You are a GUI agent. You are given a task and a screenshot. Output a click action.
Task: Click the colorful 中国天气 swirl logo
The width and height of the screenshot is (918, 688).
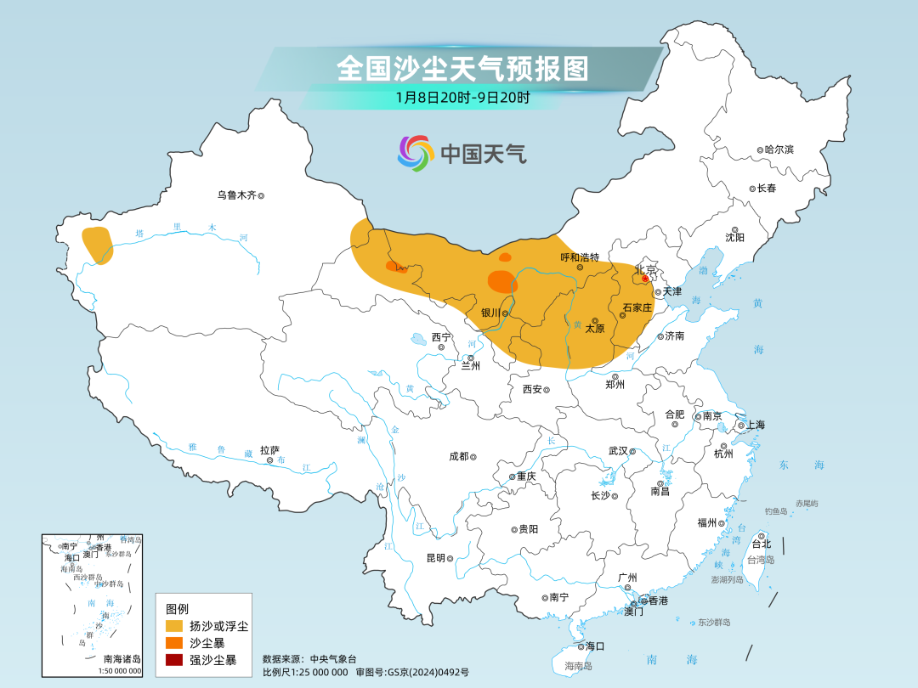point(416,154)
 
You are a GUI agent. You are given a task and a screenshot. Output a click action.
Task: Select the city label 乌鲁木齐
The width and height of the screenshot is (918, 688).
point(236,195)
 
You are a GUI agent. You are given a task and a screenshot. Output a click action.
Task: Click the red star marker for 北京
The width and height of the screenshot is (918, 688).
point(645,278)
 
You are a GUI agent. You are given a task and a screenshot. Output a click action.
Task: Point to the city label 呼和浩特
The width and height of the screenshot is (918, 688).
point(580,257)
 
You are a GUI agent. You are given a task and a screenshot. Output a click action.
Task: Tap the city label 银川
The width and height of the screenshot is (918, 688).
point(490,313)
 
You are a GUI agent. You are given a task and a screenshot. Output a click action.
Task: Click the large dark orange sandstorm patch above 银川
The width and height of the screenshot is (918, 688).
point(501,282)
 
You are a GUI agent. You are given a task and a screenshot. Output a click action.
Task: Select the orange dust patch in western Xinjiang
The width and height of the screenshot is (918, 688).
point(98,245)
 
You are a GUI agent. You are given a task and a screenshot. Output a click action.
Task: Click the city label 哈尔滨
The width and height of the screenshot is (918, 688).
point(778,149)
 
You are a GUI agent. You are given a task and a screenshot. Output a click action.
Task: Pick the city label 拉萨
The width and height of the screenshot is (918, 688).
point(269,450)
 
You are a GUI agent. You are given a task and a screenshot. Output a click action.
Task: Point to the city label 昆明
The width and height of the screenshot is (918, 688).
point(435,558)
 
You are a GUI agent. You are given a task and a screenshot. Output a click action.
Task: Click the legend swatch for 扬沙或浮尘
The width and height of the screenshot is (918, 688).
point(174,626)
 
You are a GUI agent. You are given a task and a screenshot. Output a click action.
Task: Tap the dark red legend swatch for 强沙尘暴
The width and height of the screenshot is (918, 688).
point(174,659)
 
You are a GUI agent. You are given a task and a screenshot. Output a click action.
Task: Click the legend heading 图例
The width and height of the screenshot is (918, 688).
point(177,608)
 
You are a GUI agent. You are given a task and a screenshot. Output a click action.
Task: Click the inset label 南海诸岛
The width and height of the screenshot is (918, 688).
point(122,659)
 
